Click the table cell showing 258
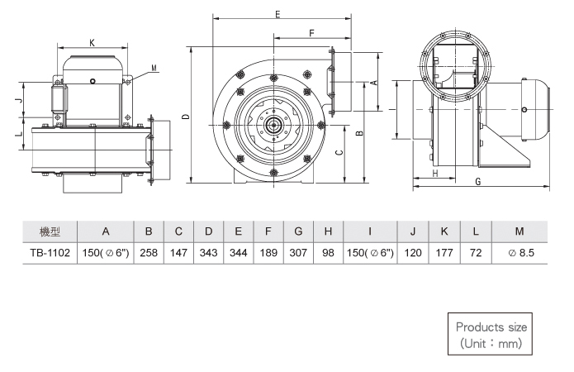149,253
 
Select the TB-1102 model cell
50,253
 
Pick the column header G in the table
298,231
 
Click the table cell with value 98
328,253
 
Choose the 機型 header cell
50,231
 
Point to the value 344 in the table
239,253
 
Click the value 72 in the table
476,253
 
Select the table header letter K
444,231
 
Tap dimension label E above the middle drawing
278,14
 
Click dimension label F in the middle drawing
311,33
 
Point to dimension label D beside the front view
187,117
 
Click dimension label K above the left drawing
92,43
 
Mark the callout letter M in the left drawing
154,68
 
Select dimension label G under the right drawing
477,182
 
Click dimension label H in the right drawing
435,174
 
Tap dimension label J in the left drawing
20,100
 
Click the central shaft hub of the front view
273,126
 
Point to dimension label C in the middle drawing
339,153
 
